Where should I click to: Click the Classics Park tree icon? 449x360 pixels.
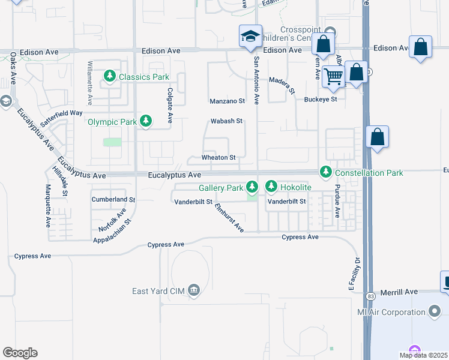tap(110, 76)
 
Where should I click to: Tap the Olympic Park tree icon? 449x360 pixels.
tap(145, 121)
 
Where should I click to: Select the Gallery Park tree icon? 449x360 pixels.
tap(253, 187)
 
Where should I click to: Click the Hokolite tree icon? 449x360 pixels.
tap(271, 187)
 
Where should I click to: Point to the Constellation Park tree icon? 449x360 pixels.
tap(326, 172)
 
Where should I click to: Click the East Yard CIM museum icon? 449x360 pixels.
tap(193, 291)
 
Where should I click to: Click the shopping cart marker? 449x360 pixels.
tap(333, 76)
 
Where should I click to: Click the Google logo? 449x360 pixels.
tap(20, 353)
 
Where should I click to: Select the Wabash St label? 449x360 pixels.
tap(226, 121)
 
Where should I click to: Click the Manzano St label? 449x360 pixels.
tap(228, 101)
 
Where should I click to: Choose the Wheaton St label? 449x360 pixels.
tap(218, 157)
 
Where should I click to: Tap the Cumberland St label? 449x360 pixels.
tap(113, 199)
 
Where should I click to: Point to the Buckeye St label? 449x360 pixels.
tap(321, 99)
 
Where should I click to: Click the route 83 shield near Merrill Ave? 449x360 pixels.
tap(370, 296)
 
